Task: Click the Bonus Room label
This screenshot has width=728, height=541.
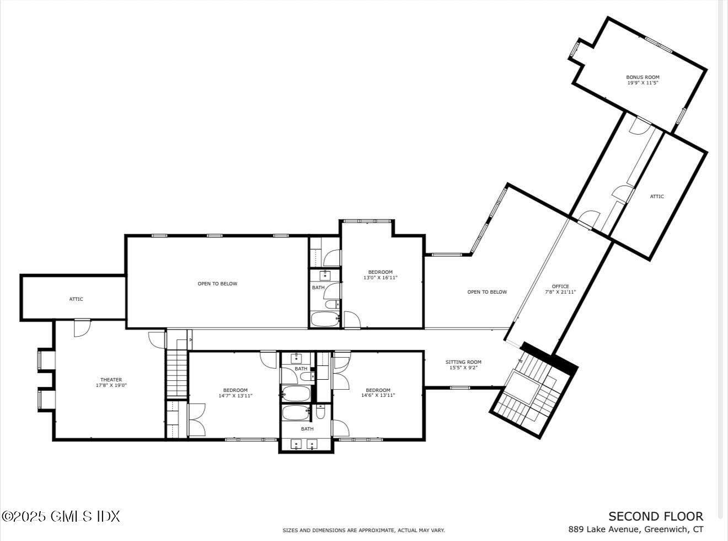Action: pos(643,80)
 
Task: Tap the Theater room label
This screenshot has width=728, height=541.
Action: pos(111,383)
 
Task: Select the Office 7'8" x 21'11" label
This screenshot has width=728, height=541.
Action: pos(560,289)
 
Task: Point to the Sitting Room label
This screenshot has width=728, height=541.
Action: pos(463,365)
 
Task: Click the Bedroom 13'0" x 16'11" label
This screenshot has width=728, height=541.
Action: pos(380,275)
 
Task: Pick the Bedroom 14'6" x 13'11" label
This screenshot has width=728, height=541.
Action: pos(378,393)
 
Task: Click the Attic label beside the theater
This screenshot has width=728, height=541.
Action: pos(76,299)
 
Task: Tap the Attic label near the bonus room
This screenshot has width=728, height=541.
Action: pos(657,197)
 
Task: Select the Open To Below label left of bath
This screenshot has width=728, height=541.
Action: pos(217,284)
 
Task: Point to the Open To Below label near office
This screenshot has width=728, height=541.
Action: pos(487,292)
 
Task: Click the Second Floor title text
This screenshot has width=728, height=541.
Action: pos(656,517)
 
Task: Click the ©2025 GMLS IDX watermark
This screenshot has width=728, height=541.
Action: pos(61,517)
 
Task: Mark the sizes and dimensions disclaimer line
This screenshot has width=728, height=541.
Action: pos(363,531)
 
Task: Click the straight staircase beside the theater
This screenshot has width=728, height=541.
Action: pos(177,373)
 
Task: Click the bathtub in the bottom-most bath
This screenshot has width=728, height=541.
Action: pos(297,413)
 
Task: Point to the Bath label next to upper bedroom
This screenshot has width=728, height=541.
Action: pos(318,288)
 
